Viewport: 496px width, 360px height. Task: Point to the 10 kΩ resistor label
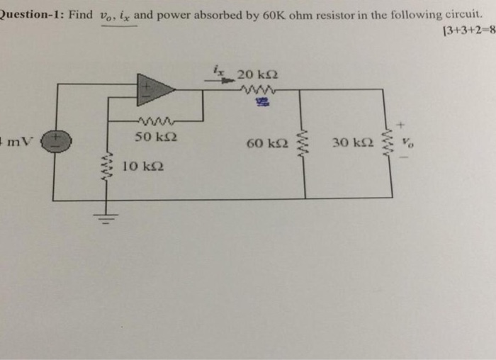pyautogui.click(x=140, y=167)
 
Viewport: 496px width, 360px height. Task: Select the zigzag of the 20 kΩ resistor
pyautogui.click(x=257, y=90)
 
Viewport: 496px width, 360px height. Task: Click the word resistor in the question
pyautogui.click(x=315, y=15)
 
